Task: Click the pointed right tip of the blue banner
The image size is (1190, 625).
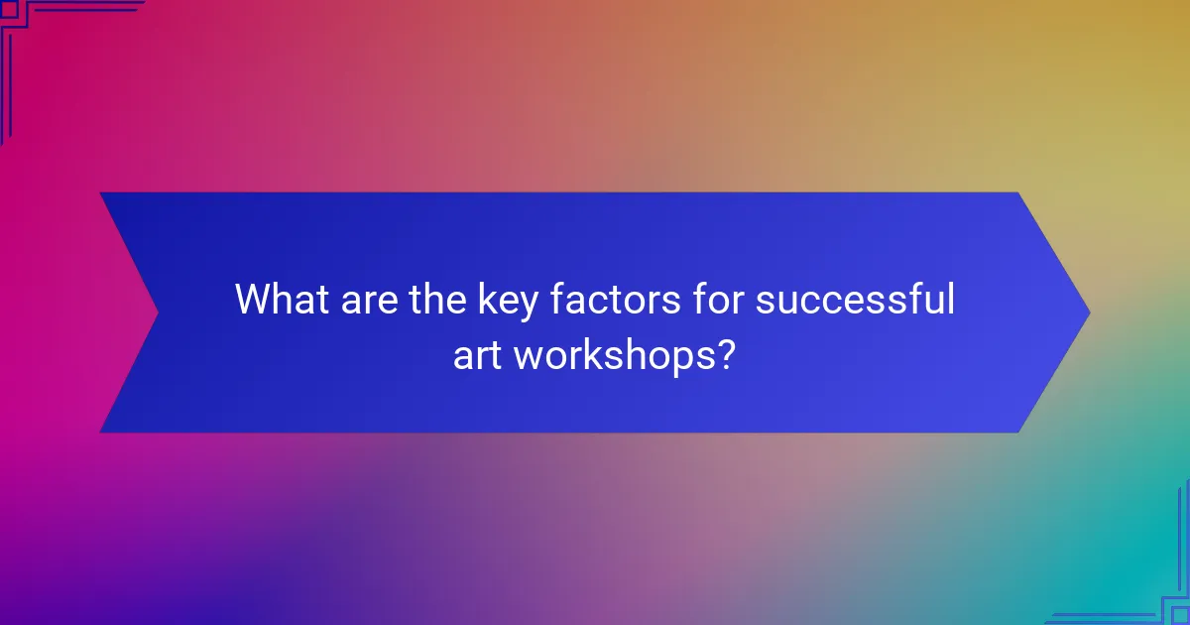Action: click(1089, 312)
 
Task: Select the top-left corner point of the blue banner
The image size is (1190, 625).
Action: click(101, 193)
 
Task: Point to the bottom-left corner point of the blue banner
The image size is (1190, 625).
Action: click(101, 432)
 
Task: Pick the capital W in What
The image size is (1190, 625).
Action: click(254, 300)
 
